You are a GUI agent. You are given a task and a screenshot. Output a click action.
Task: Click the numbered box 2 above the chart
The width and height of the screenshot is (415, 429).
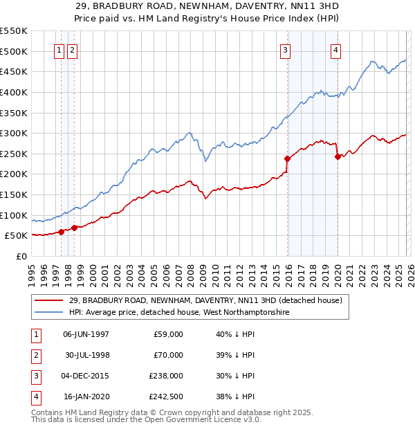[x=73, y=49]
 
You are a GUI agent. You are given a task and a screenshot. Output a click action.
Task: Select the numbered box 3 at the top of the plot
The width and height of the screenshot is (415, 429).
[x=285, y=49]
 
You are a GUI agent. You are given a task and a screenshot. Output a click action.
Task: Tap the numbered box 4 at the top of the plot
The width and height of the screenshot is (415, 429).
[x=335, y=49]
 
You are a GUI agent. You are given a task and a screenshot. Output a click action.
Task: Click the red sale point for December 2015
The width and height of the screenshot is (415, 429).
[x=287, y=158]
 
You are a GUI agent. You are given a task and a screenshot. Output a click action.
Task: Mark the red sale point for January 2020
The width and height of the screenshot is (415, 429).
[x=337, y=156]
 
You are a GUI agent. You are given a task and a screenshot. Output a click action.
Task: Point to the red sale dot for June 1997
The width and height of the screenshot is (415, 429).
[x=61, y=232]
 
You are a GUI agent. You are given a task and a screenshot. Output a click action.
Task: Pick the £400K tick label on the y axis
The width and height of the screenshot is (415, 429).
[x=13, y=92]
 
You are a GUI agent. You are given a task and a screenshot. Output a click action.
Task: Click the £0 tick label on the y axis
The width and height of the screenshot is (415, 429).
[x=21, y=256]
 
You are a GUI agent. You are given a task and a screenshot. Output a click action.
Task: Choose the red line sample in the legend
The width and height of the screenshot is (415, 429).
[x=49, y=300]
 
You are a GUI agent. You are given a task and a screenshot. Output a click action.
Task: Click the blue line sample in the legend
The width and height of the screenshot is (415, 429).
[x=49, y=313]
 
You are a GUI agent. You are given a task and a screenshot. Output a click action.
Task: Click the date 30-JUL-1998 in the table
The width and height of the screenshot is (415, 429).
[x=87, y=355]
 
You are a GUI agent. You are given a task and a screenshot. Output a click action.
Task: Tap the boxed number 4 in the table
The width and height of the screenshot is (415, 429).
[x=35, y=397]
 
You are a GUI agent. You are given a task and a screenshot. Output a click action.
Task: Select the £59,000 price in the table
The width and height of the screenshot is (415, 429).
[x=168, y=334]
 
